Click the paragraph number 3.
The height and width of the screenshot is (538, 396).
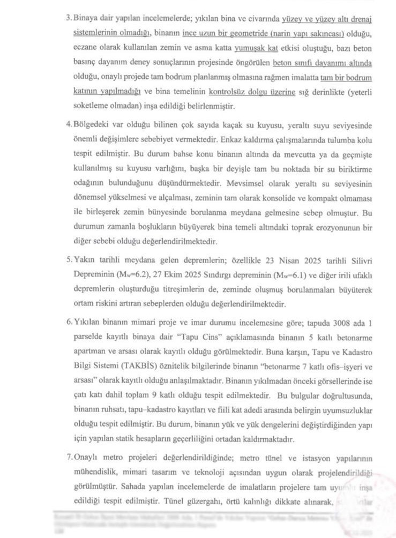tap(68, 19)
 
